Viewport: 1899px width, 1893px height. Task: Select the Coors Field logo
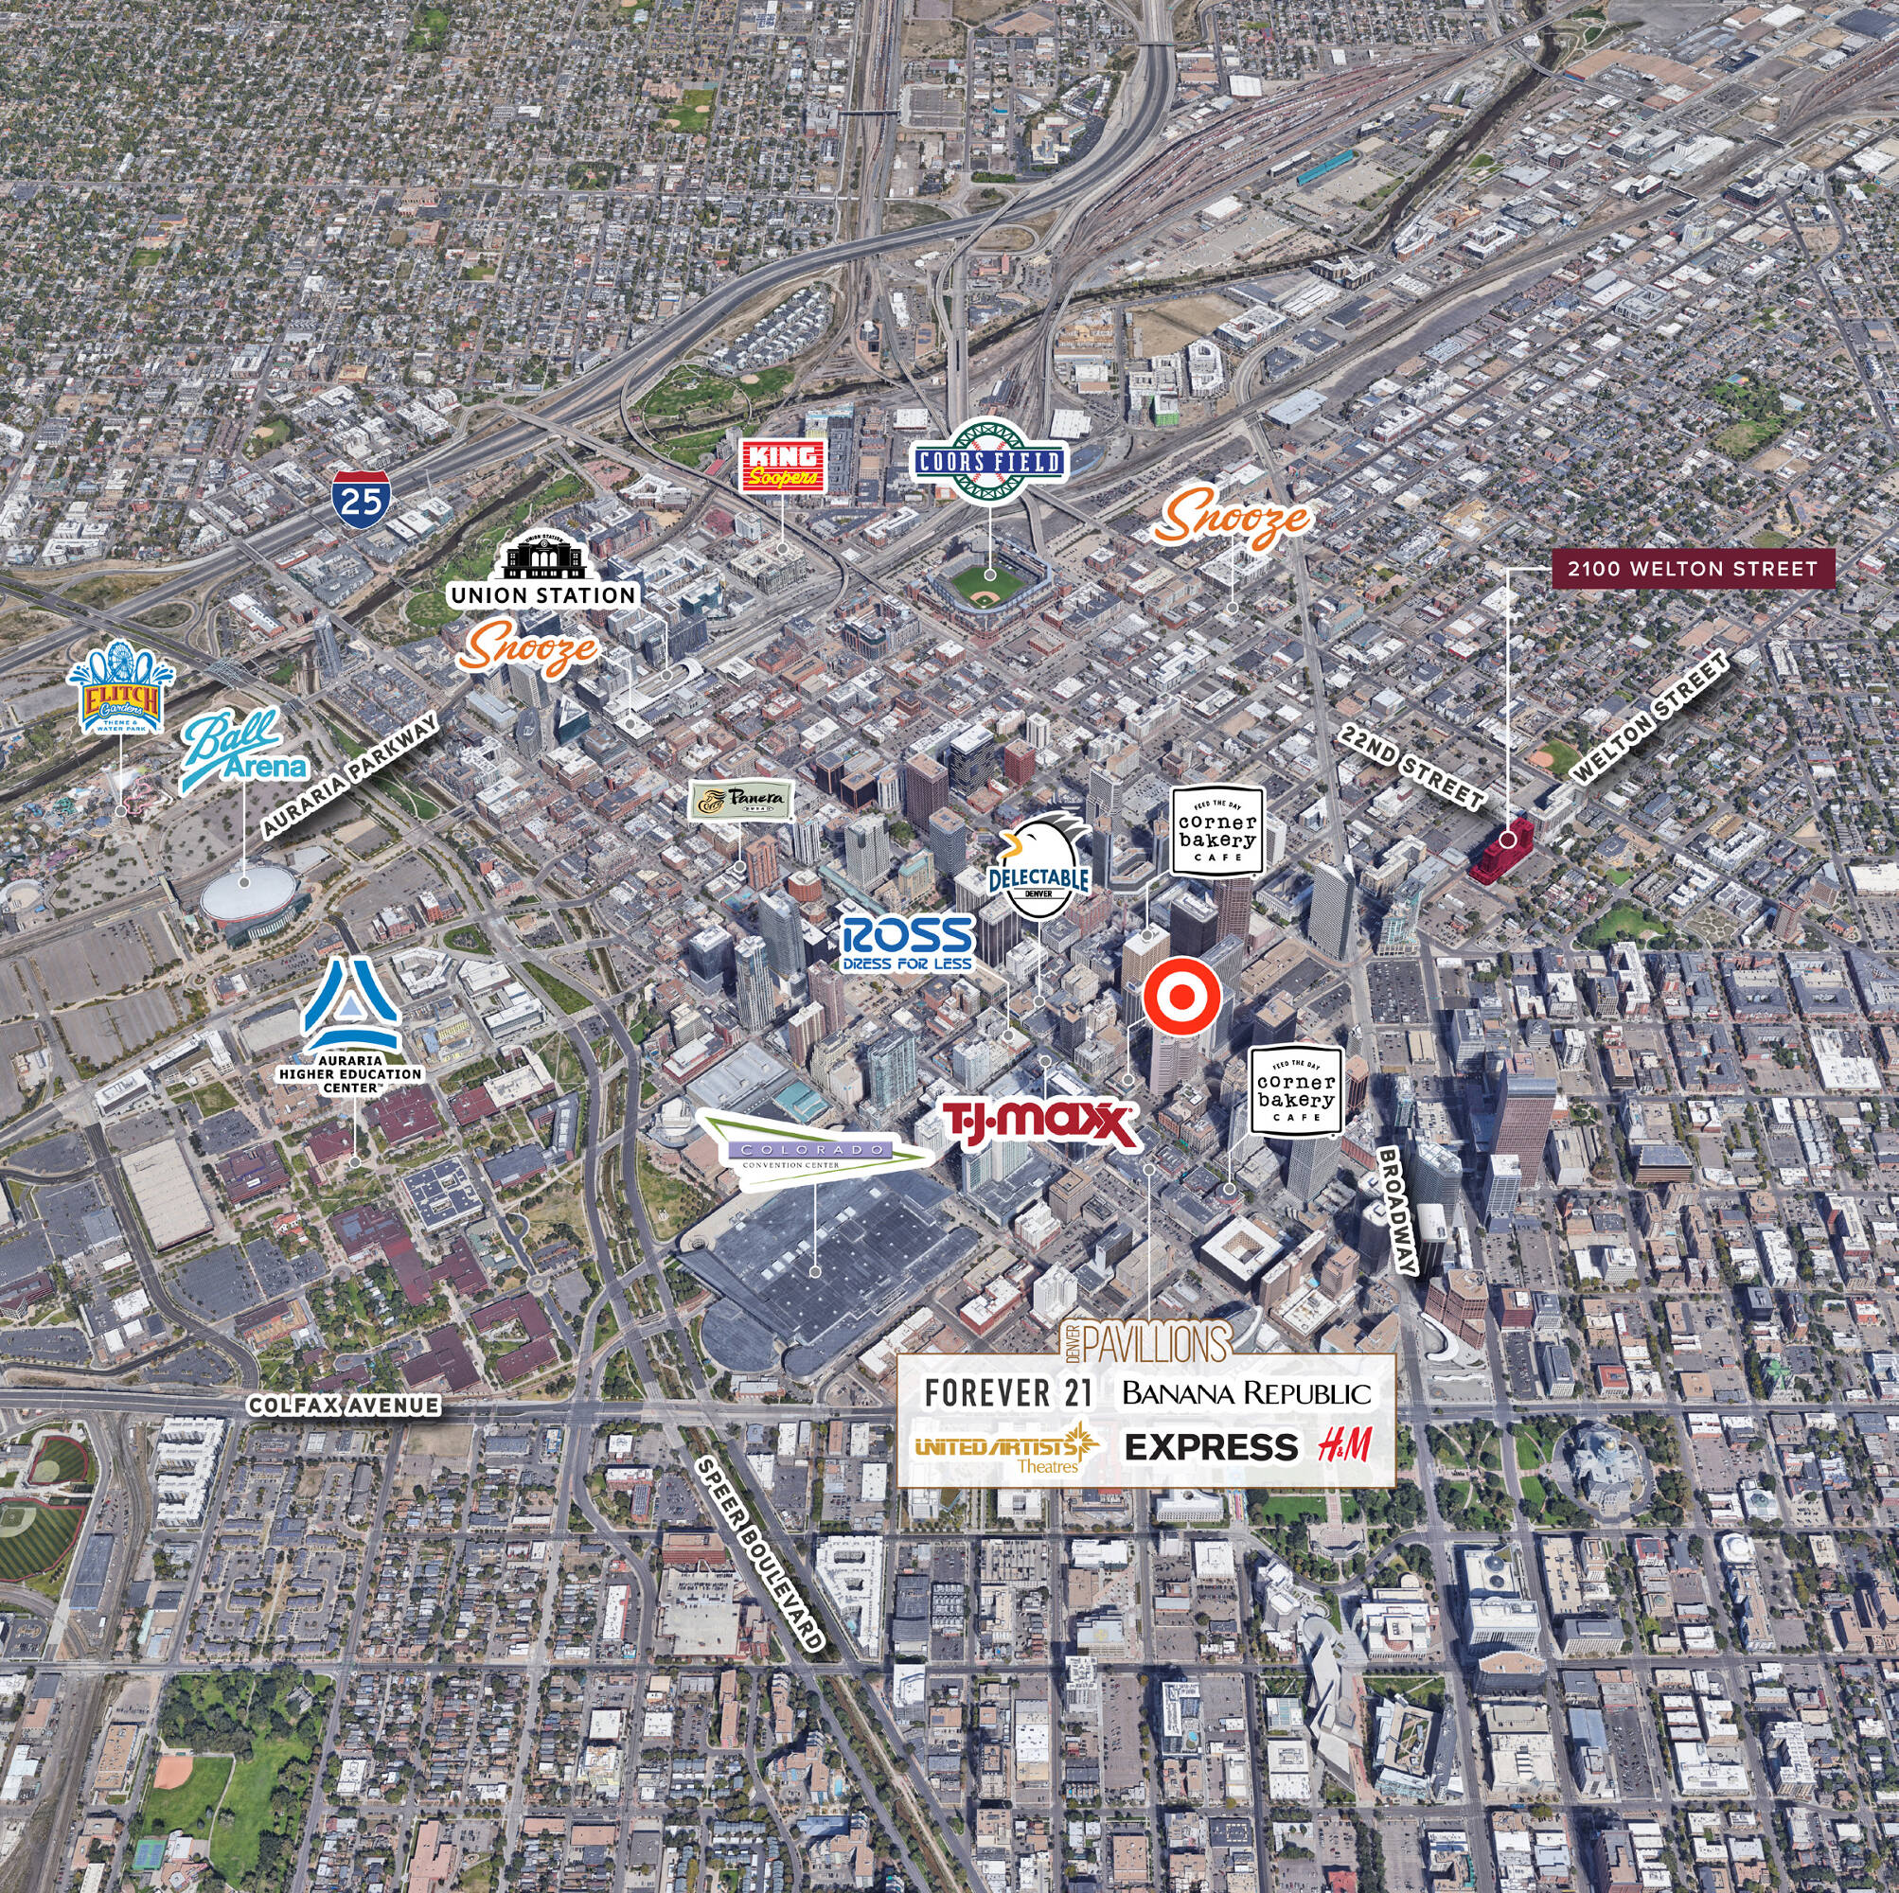coord(989,462)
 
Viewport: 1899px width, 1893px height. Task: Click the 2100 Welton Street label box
coord(1692,568)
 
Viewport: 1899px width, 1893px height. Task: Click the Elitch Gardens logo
coord(121,688)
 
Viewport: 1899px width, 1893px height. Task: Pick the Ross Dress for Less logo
coord(907,944)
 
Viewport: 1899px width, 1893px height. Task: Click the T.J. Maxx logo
coord(1038,1123)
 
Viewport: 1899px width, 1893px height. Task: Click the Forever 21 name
coord(1002,1392)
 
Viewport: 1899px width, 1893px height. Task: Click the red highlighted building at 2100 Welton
coord(1500,851)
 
